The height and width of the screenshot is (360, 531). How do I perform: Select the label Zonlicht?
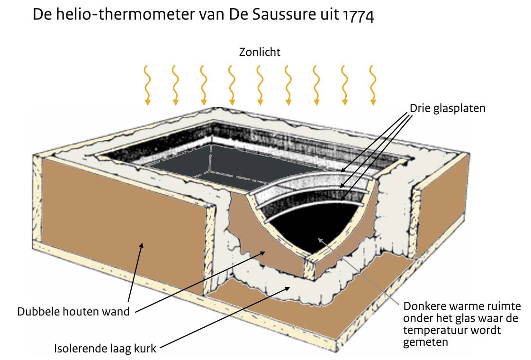(260, 52)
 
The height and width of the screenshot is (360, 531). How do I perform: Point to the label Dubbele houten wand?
(73, 312)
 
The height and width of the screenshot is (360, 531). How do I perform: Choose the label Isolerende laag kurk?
(105, 350)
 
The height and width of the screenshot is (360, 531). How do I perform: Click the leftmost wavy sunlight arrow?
(147, 85)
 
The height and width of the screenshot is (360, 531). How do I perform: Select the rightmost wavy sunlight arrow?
(373, 85)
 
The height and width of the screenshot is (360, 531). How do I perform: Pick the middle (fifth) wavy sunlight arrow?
(260, 85)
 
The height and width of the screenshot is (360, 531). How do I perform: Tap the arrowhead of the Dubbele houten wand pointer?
(142, 243)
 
